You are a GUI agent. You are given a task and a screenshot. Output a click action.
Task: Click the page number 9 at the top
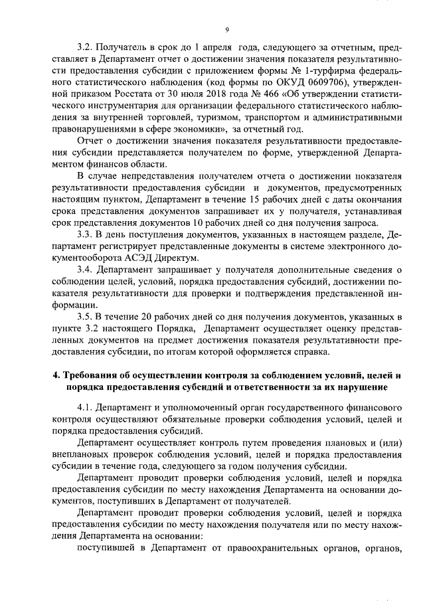[226, 29]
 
